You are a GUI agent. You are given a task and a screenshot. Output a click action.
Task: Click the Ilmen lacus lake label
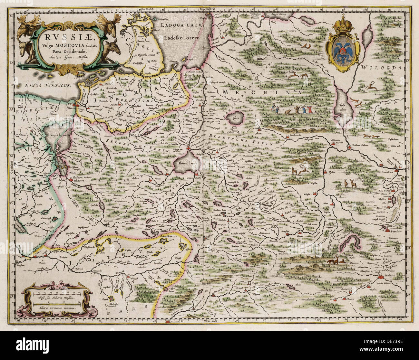coord(188,163)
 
